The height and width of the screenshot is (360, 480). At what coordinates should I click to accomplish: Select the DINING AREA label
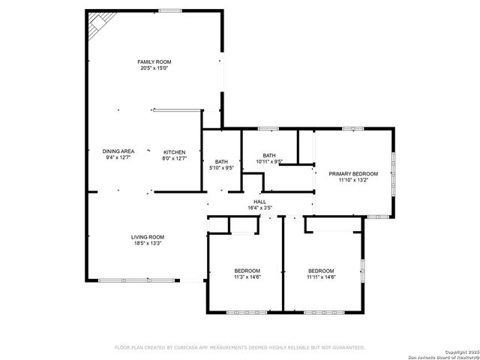(x=118, y=151)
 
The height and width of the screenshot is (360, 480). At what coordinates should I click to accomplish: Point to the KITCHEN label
(x=174, y=151)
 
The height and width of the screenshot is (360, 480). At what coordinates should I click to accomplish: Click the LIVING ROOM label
(x=148, y=236)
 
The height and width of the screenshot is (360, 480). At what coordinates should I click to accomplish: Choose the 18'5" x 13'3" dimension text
(x=148, y=243)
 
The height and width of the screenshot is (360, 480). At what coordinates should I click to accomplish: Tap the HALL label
(x=259, y=201)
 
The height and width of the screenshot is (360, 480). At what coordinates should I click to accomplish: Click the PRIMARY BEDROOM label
(x=353, y=173)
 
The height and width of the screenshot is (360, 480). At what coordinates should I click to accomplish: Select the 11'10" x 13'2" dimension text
(x=353, y=180)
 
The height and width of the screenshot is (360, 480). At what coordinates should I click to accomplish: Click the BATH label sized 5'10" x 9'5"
(x=221, y=161)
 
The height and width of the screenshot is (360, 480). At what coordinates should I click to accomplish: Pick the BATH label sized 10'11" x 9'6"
(x=268, y=155)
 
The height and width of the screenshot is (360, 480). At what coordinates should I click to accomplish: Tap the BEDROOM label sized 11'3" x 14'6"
(x=247, y=271)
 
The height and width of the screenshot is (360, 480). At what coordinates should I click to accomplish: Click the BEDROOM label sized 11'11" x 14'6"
(x=321, y=271)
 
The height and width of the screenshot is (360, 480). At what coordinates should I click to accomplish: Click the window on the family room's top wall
(x=169, y=10)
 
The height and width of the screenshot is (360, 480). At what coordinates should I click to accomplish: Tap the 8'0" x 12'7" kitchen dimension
(x=174, y=158)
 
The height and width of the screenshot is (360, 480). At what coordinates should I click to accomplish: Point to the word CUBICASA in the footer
(x=190, y=347)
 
